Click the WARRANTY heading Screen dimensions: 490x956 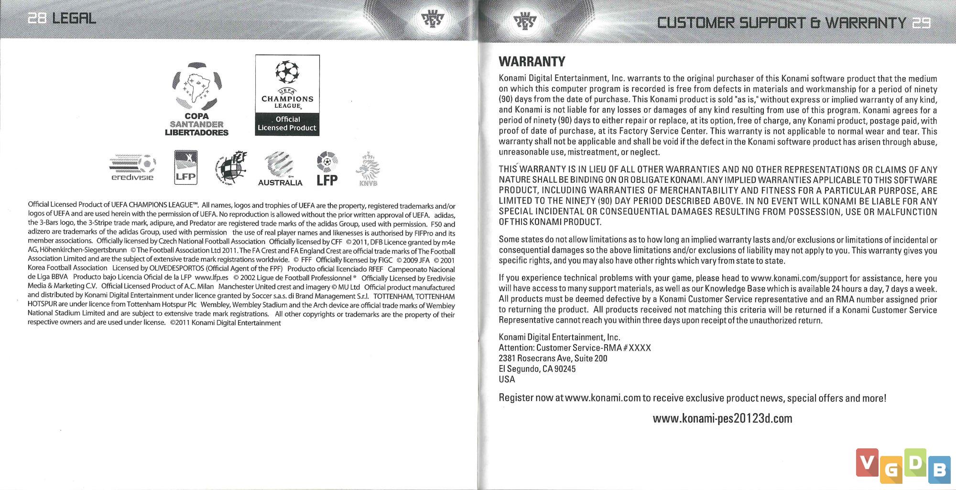[532, 62]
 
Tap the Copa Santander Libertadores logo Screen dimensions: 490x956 [196, 99]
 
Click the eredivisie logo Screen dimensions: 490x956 [132, 168]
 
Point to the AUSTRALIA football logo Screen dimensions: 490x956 [280, 169]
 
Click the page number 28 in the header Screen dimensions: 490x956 [37, 18]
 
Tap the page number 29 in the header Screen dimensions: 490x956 [921, 22]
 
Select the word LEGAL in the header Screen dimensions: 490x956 [74, 18]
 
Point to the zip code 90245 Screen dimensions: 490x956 [565, 369]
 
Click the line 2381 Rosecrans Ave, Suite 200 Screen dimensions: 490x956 [553, 358]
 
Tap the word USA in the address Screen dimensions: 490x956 [507, 379]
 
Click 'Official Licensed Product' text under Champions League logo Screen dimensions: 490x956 [287, 123]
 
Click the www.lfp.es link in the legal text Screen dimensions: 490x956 [211, 278]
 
